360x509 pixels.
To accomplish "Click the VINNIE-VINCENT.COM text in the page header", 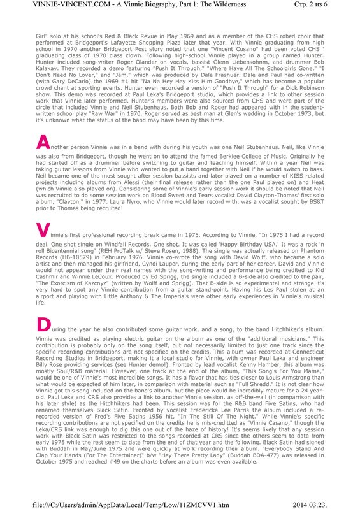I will [x=40, y=6].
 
